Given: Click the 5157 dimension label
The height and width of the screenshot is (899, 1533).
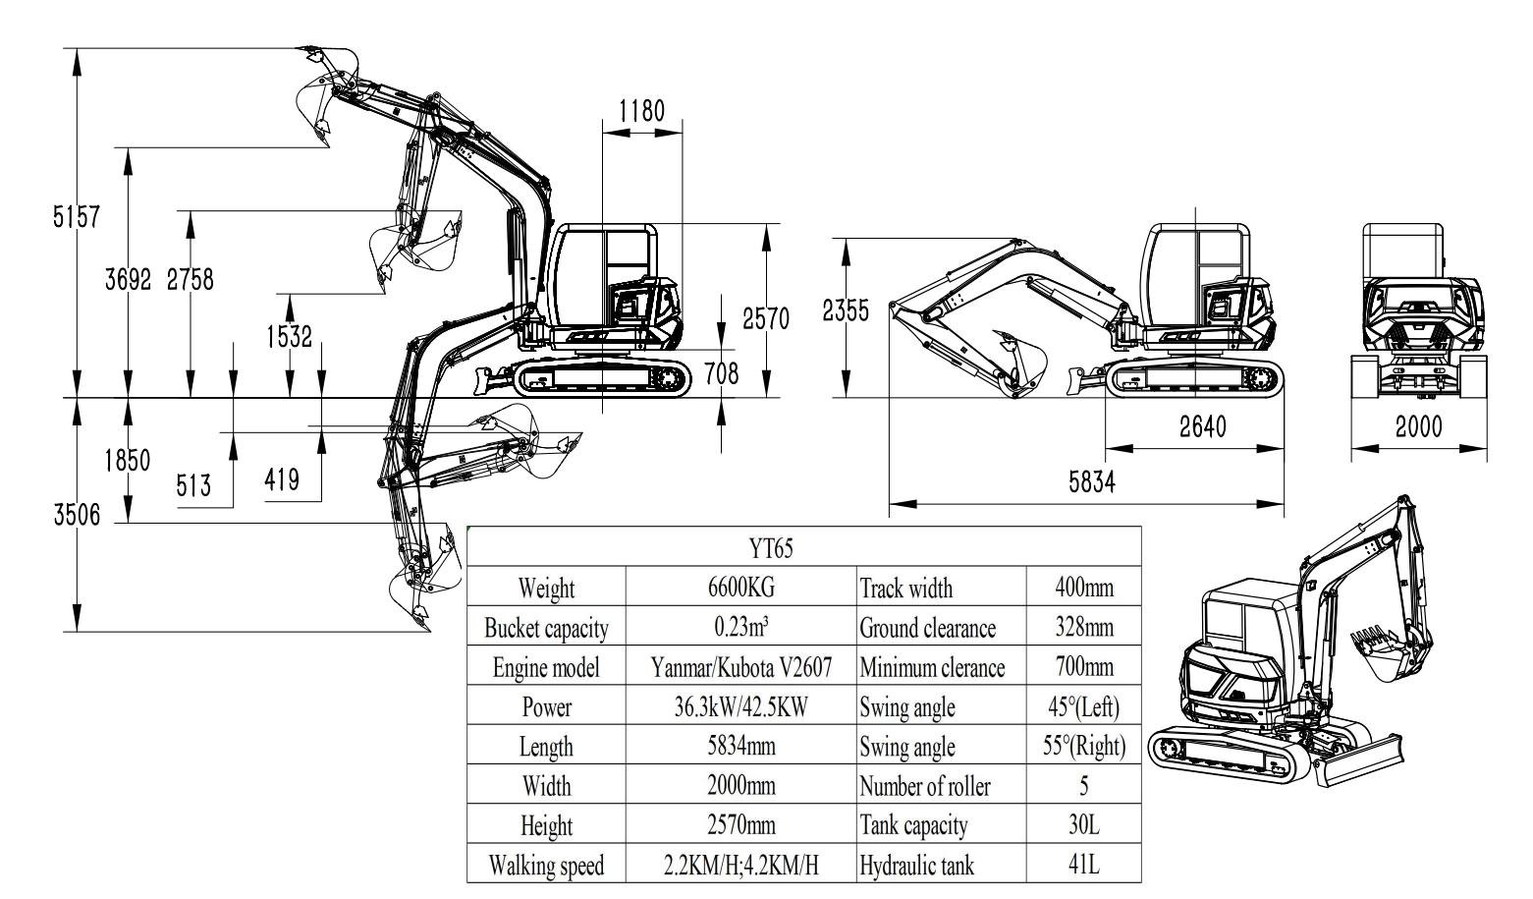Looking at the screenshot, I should point(76,217).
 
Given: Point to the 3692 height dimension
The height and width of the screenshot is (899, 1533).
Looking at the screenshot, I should point(129,279).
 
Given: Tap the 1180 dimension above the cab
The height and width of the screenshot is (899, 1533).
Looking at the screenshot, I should point(641,110).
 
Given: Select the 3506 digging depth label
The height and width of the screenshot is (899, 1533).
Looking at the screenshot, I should point(77,515).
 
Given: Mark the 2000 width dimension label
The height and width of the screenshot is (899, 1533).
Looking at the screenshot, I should point(1418,427).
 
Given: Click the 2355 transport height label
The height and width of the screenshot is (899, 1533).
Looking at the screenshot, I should point(845,311).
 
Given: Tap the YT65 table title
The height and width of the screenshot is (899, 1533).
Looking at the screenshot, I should point(777,548).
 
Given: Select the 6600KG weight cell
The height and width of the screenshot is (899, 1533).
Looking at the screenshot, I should point(741,588).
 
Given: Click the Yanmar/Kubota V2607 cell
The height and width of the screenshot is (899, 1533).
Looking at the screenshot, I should point(741,668).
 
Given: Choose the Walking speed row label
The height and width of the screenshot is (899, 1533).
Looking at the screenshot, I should point(546,866).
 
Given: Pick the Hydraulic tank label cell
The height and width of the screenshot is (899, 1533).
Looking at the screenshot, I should point(916,866).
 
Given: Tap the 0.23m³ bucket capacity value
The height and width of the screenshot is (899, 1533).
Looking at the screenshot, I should point(741,628).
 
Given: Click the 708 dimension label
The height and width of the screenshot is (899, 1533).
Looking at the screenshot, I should point(722,373).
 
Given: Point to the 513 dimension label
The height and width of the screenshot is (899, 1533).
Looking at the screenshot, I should point(193,484).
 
